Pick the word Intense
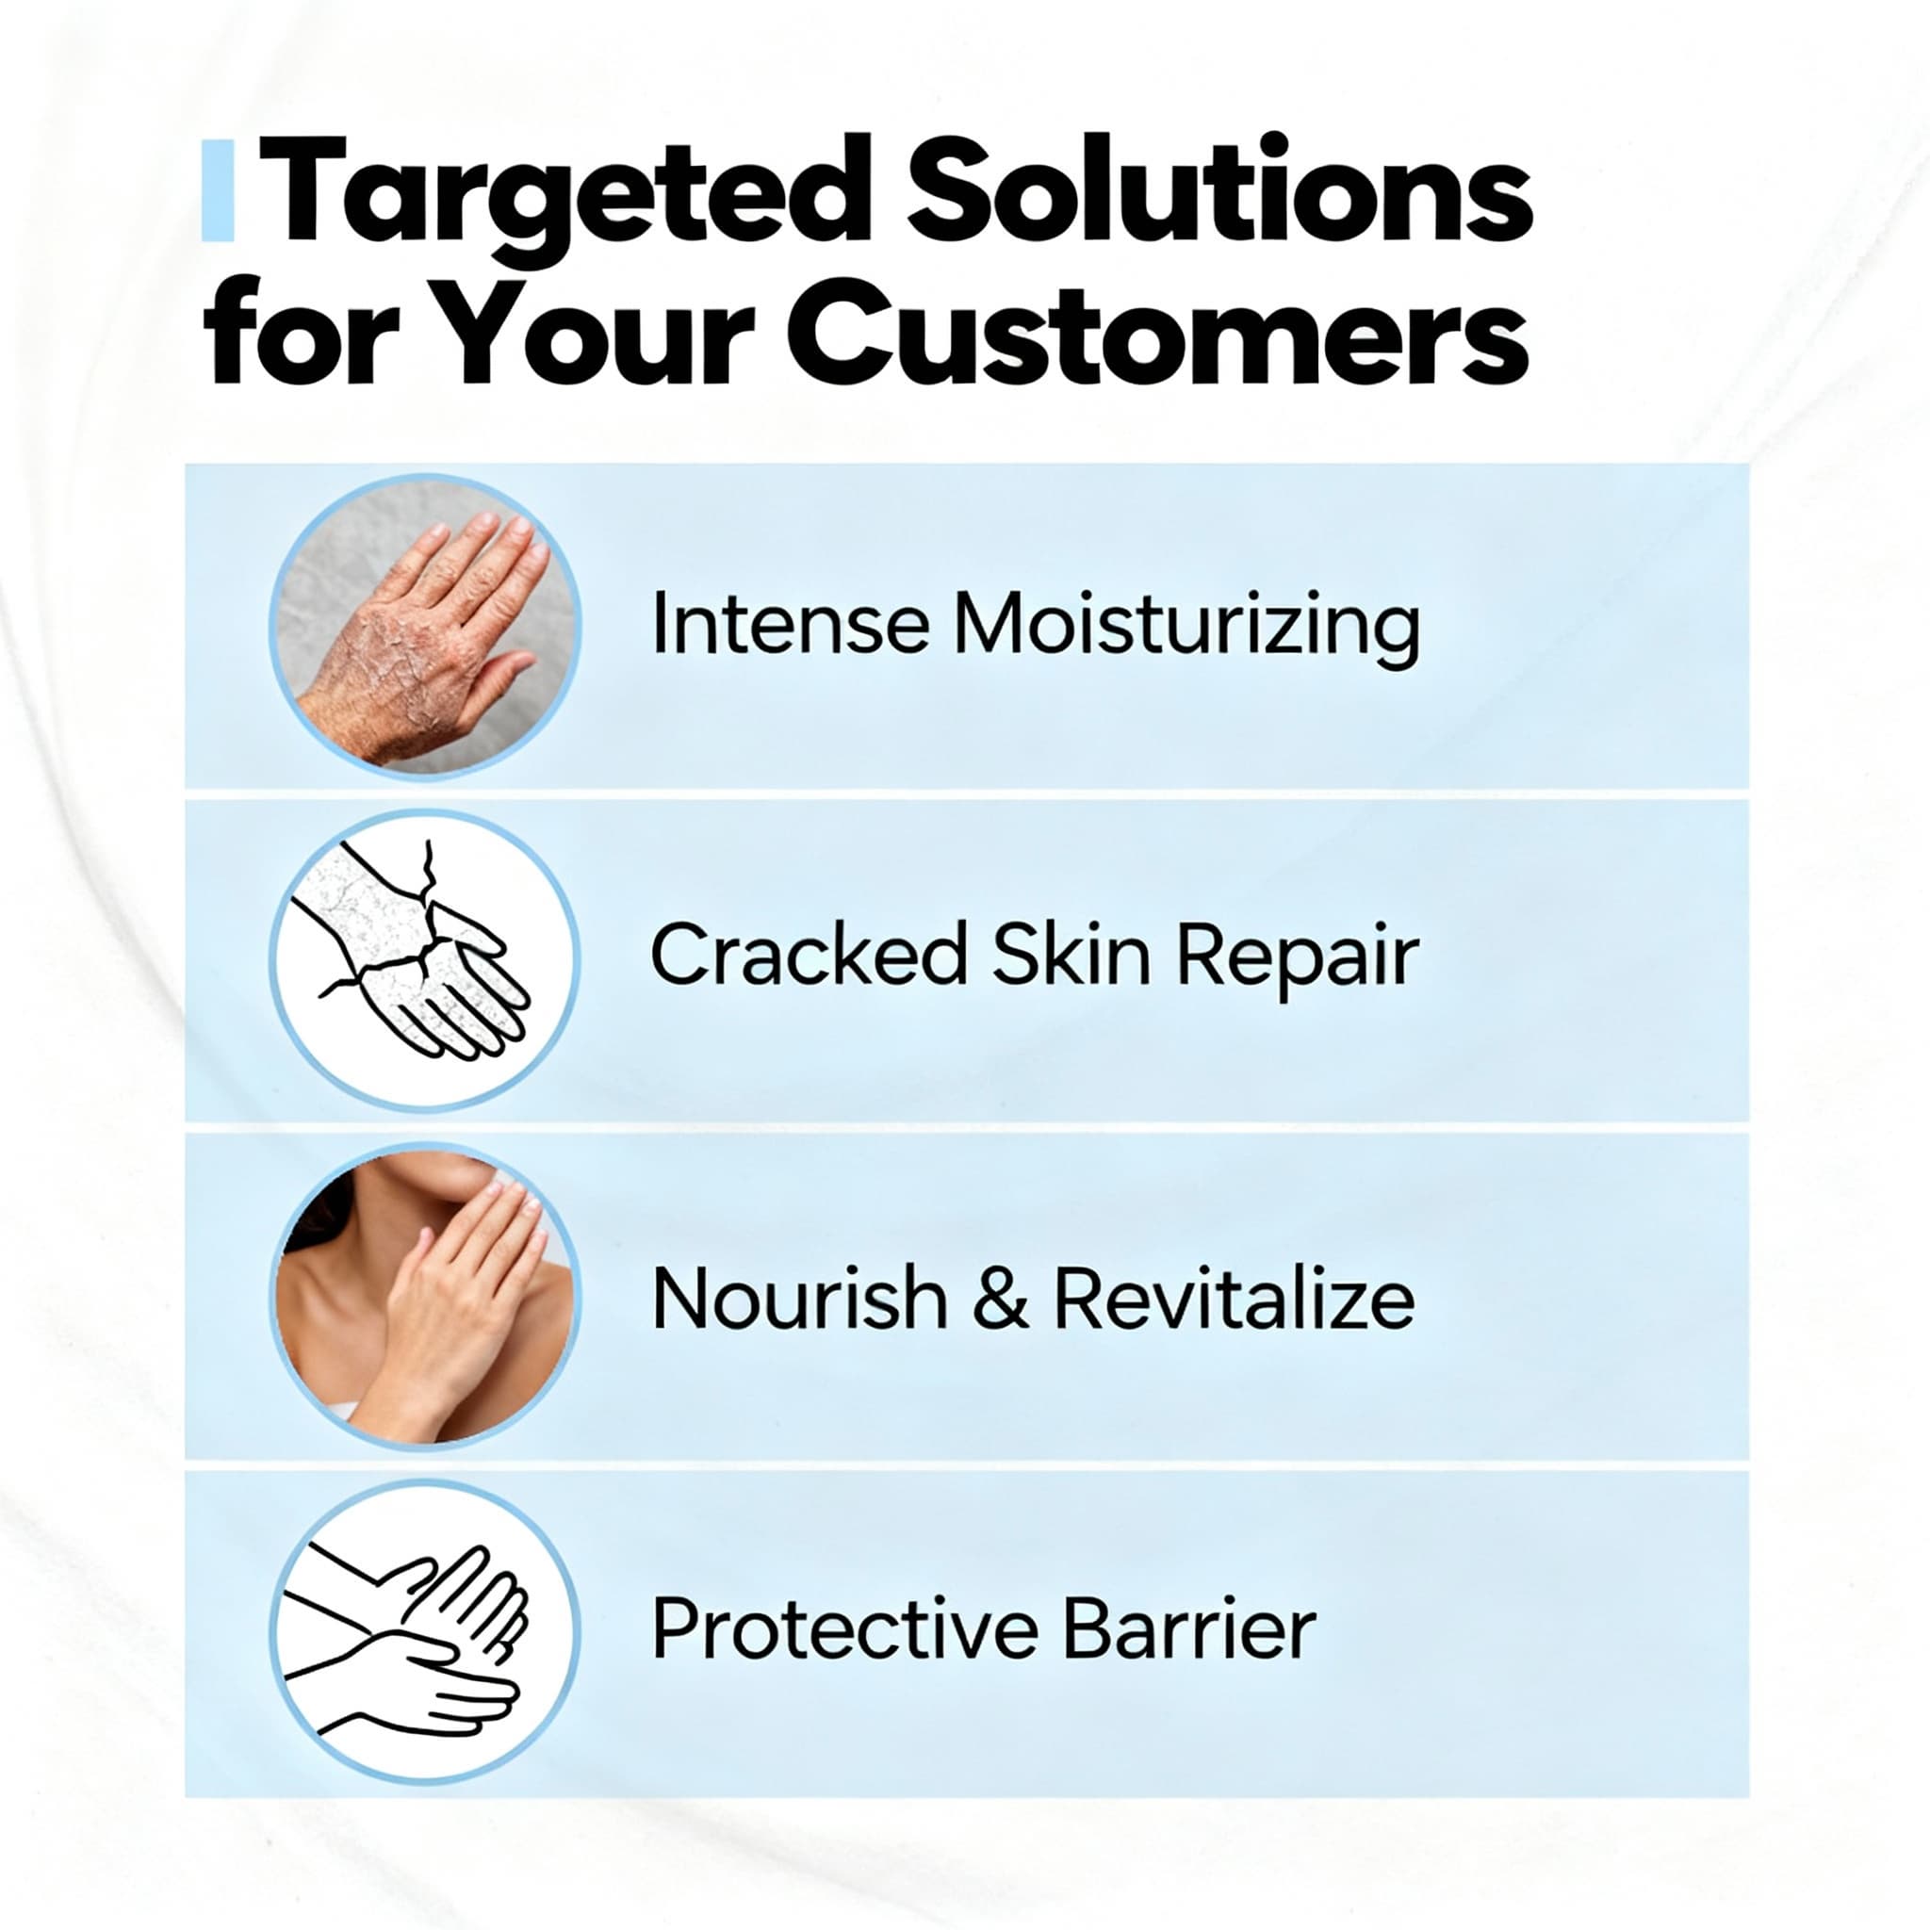[789, 626]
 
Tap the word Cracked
[809, 955]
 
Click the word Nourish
[799, 1299]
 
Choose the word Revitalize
[1234, 1299]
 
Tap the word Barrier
[1188, 1628]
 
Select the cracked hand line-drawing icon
[425, 959]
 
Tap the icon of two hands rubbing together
[425, 1629]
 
